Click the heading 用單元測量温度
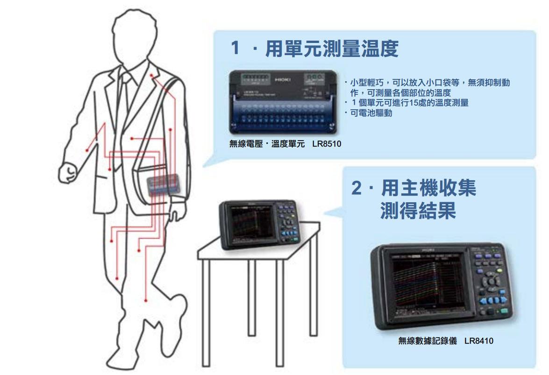coord(332,49)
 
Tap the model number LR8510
coord(327,144)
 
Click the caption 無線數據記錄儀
coord(427,341)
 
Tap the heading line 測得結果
coord(418,211)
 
